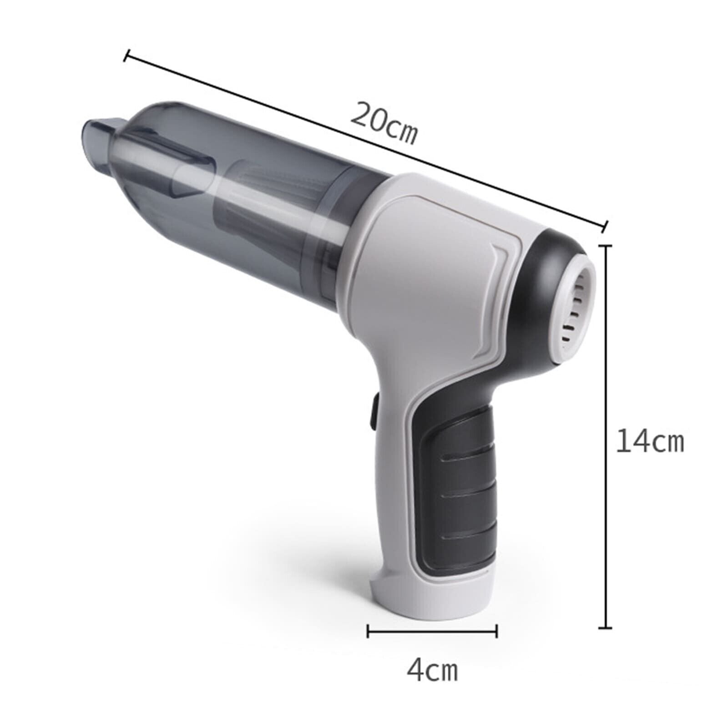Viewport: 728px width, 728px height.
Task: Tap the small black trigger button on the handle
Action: click(374, 412)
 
